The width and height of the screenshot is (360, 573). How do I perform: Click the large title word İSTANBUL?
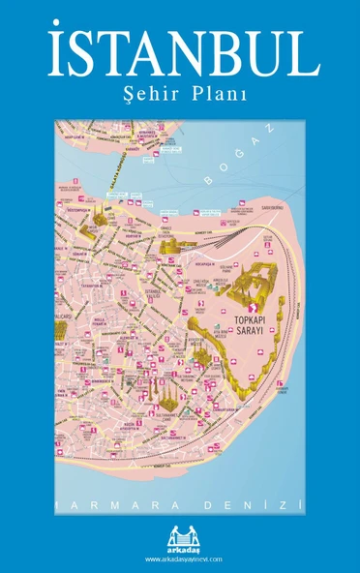point(181,55)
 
